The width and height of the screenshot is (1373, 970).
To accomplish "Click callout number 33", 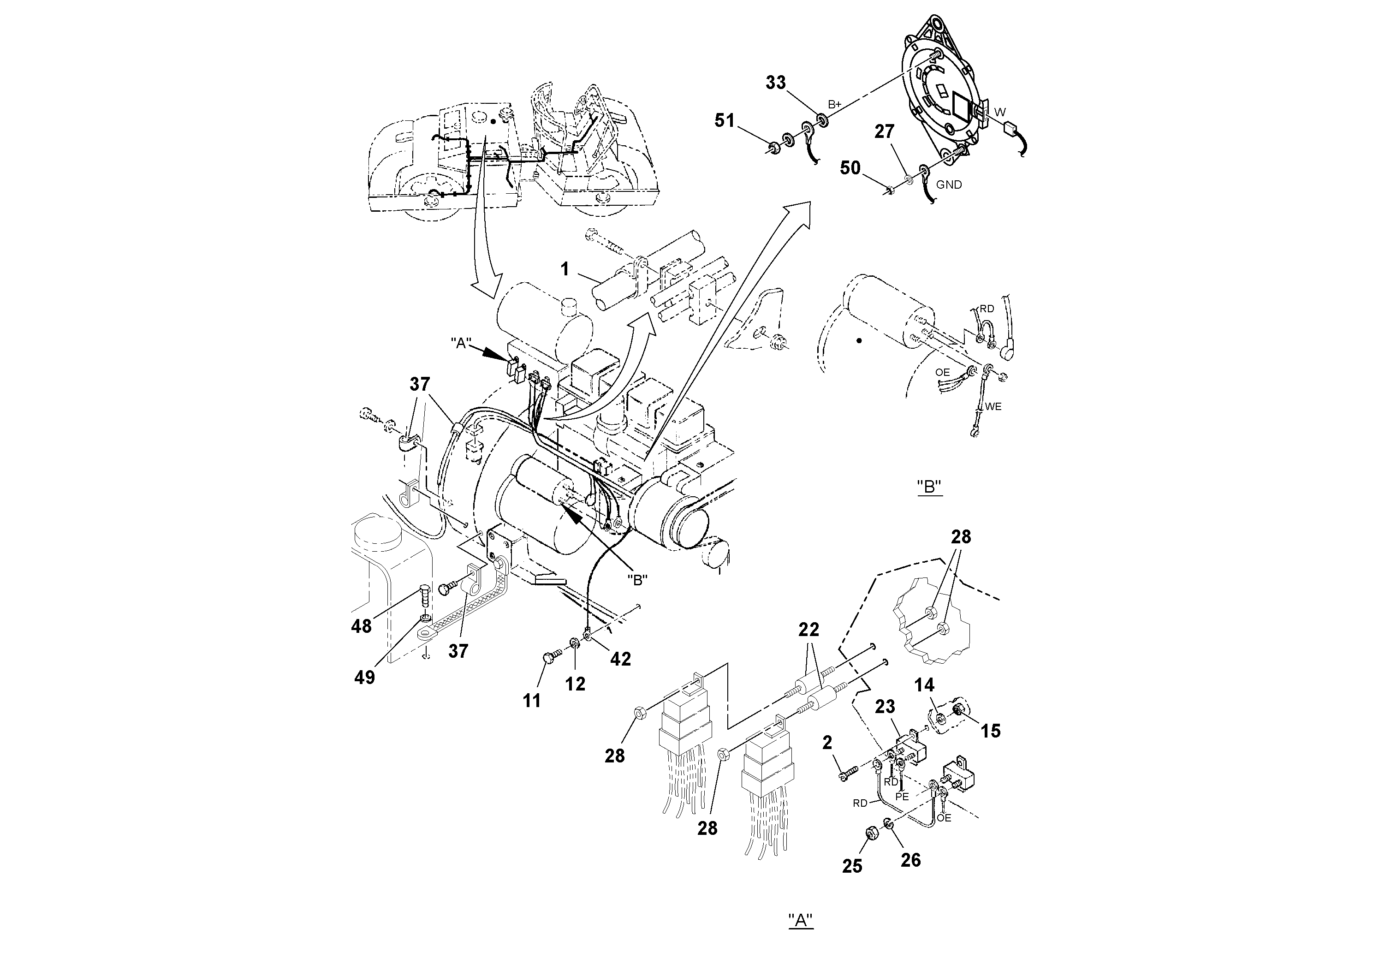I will click(x=776, y=83).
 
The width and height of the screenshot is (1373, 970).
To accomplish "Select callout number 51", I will click(x=724, y=121).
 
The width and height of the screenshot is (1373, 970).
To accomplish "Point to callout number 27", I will click(x=885, y=131).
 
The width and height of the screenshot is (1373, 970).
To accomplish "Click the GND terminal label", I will click(x=949, y=185).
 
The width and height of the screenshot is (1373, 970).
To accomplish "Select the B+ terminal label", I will click(x=835, y=105).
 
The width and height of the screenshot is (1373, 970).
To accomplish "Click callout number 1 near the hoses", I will click(x=565, y=270).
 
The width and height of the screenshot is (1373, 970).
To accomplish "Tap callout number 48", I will click(x=361, y=626).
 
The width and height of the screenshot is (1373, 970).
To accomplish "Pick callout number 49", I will click(x=364, y=678).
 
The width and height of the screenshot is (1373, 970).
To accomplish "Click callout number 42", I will click(x=620, y=659).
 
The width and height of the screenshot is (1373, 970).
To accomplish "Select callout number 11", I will click(x=532, y=701).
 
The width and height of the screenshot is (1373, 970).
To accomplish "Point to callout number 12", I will click(x=575, y=684).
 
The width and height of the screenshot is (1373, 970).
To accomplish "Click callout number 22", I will click(x=808, y=630).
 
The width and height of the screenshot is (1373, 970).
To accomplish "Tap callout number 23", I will click(x=885, y=707).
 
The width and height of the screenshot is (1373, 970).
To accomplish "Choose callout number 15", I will click(x=990, y=731).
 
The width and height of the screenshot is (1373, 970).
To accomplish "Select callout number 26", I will click(x=911, y=860).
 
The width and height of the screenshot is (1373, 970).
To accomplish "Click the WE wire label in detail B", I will click(x=993, y=407).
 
